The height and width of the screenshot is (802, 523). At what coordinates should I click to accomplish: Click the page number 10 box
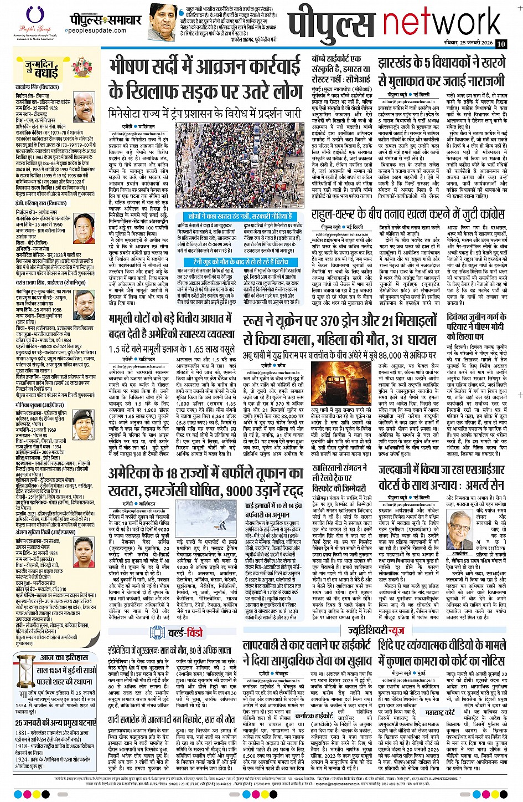click(501, 44)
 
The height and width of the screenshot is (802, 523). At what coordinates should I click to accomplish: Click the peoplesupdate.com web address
click(99, 31)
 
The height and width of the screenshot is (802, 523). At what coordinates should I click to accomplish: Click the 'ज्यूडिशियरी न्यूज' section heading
click(376, 631)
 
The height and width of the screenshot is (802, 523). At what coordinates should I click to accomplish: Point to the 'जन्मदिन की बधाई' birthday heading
click(42, 69)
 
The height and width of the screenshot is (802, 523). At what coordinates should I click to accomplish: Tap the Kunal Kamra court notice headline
click(442, 653)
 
